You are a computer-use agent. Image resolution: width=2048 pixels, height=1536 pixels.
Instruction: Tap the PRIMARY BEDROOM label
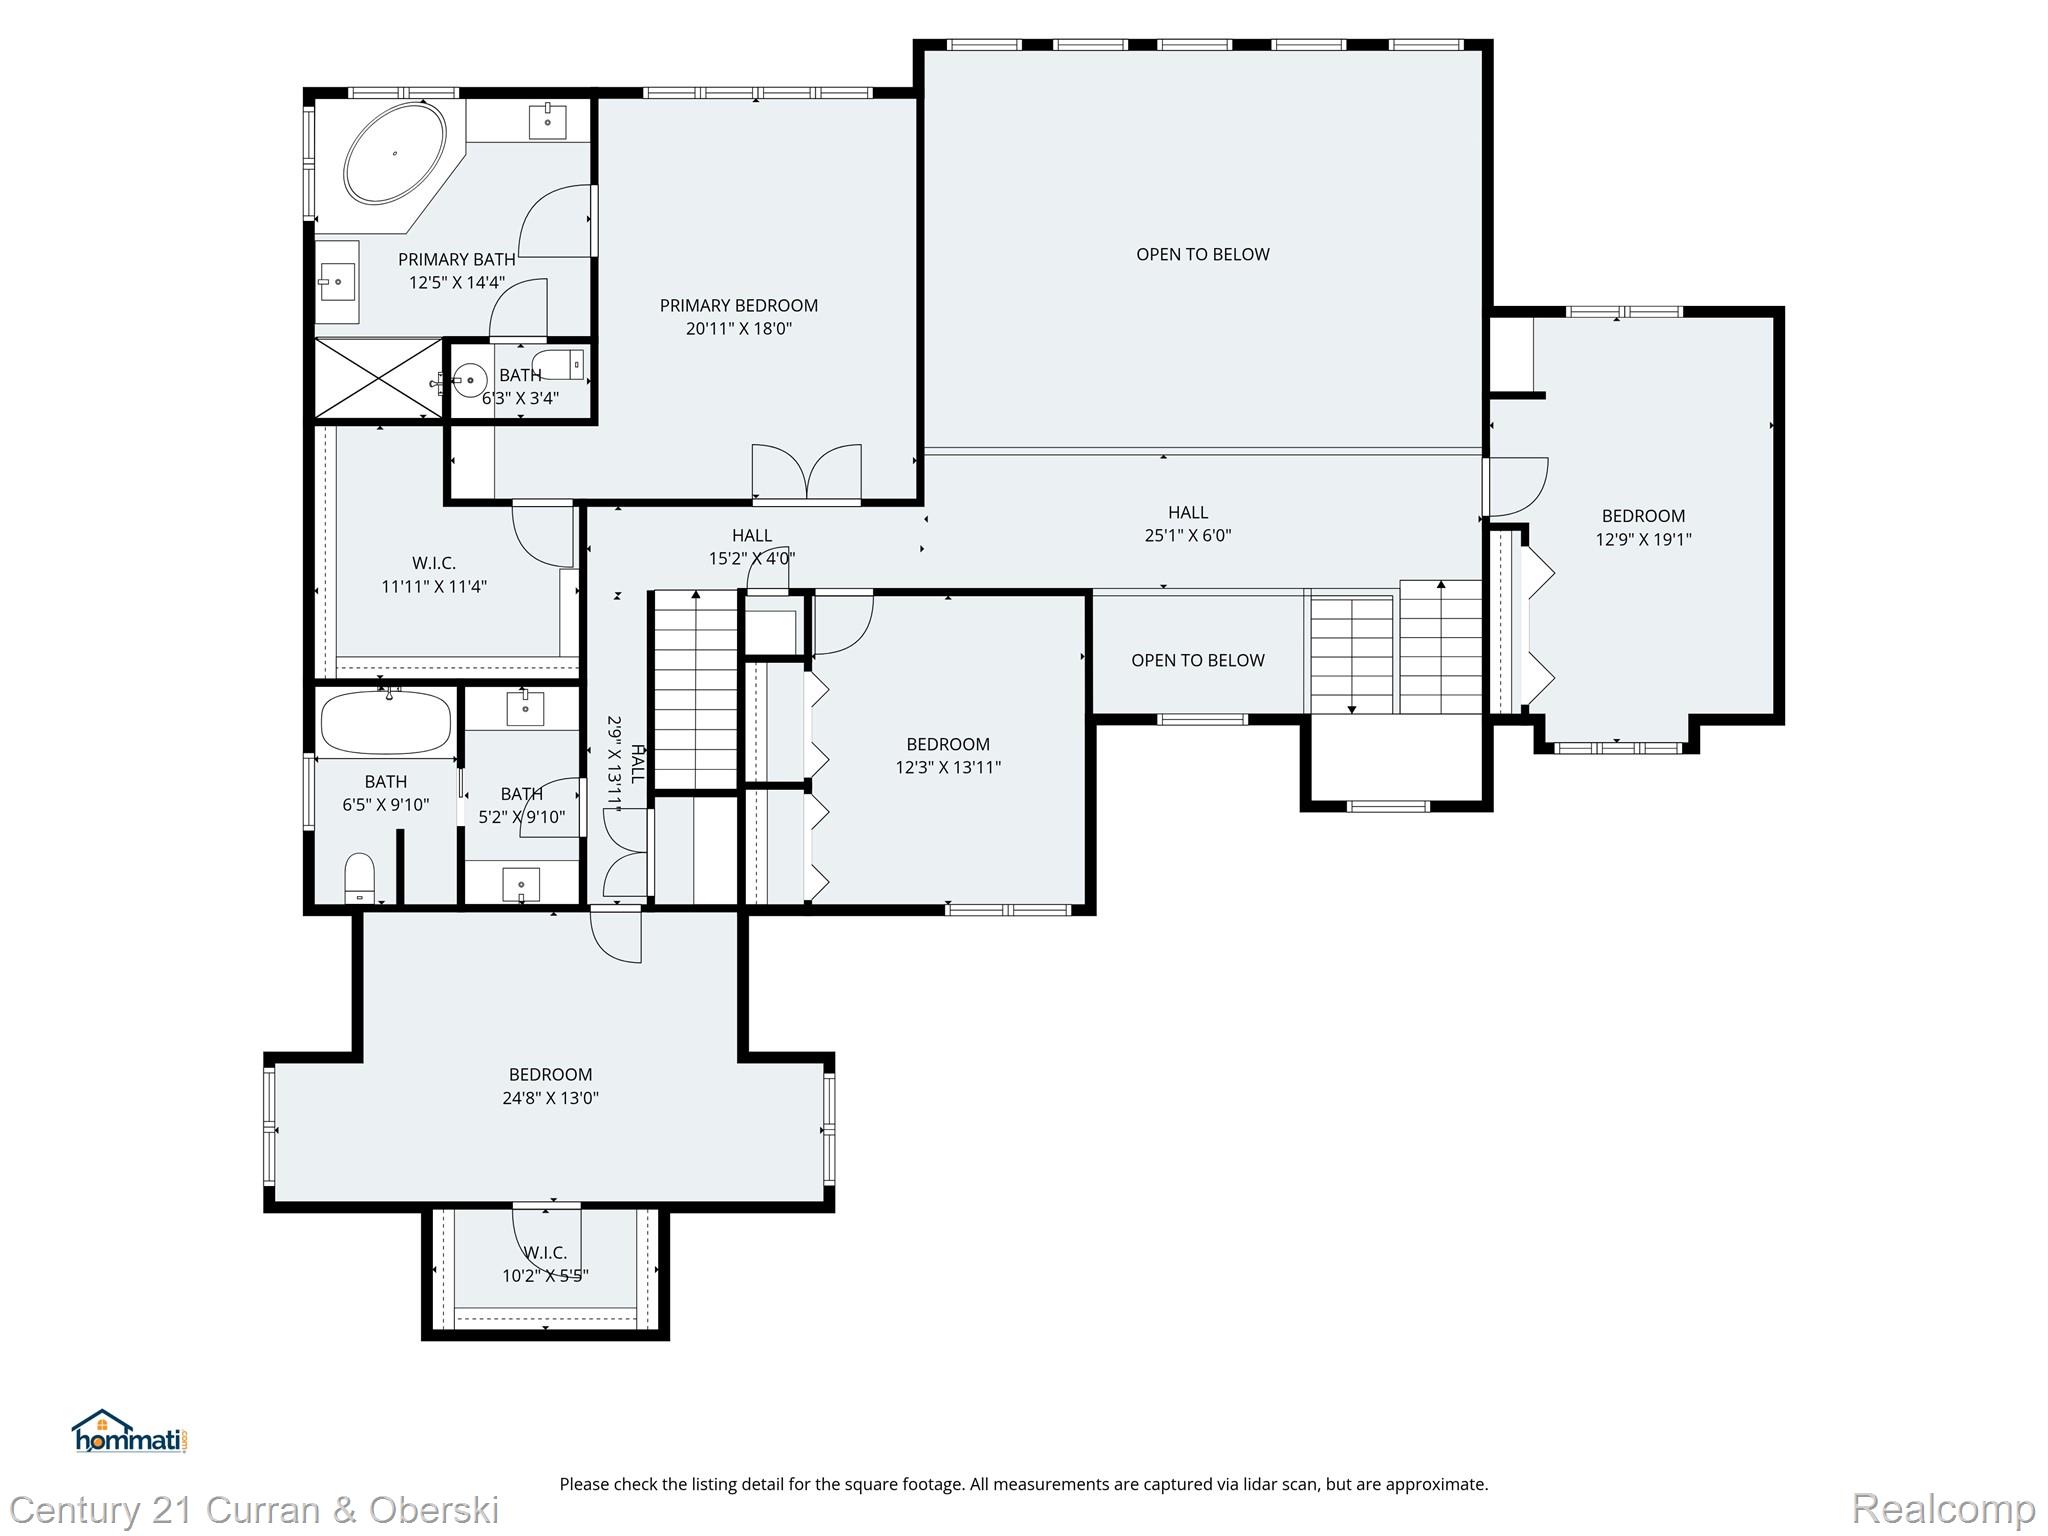(738, 306)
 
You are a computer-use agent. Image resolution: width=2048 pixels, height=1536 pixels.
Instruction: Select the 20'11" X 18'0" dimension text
(738, 329)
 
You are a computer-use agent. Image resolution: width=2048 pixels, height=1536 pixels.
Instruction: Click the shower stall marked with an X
(379, 377)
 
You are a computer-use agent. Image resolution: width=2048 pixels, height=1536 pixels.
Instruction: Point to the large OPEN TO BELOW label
(1202, 255)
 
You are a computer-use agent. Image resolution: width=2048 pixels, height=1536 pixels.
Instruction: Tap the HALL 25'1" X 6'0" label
(1187, 524)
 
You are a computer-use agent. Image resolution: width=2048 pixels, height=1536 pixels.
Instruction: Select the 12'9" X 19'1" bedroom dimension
(1643, 540)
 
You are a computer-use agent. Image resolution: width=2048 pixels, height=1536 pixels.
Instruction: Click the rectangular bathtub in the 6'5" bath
(386, 723)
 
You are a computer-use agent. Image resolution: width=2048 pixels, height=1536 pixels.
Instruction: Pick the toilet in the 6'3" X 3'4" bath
(558, 365)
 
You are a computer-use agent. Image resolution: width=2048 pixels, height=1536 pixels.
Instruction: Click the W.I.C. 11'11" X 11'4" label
(433, 575)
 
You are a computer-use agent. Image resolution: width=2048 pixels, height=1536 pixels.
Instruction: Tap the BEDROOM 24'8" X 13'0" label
(550, 1086)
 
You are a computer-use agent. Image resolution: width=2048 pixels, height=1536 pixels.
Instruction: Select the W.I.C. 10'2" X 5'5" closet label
(545, 1264)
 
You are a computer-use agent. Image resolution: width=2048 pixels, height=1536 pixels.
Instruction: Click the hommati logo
(129, 1432)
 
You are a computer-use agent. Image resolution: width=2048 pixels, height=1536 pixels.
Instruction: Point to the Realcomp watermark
(1943, 1509)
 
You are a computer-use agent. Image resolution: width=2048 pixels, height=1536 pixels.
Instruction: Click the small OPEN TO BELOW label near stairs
(1197, 660)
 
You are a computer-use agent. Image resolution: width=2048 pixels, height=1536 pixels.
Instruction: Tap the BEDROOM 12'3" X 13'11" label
(947, 756)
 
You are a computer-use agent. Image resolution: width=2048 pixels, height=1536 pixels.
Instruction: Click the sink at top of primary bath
(547, 120)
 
